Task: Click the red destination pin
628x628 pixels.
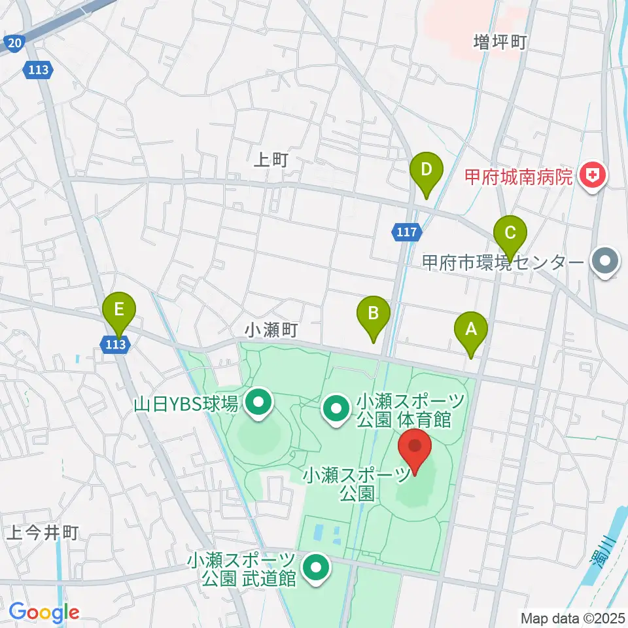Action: (415, 449)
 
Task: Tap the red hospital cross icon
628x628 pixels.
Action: (593, 176)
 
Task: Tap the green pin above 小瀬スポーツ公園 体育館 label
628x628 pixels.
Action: (336, 410)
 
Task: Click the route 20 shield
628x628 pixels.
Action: (14, 44)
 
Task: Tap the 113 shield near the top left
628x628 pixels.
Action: (38, 69)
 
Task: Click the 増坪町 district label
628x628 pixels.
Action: (500, 43)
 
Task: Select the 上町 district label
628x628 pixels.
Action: (271, 160)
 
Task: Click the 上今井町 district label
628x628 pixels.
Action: (43, 533)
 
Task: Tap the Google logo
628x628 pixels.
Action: (44, 612)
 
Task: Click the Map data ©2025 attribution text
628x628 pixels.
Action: (572, 617)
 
